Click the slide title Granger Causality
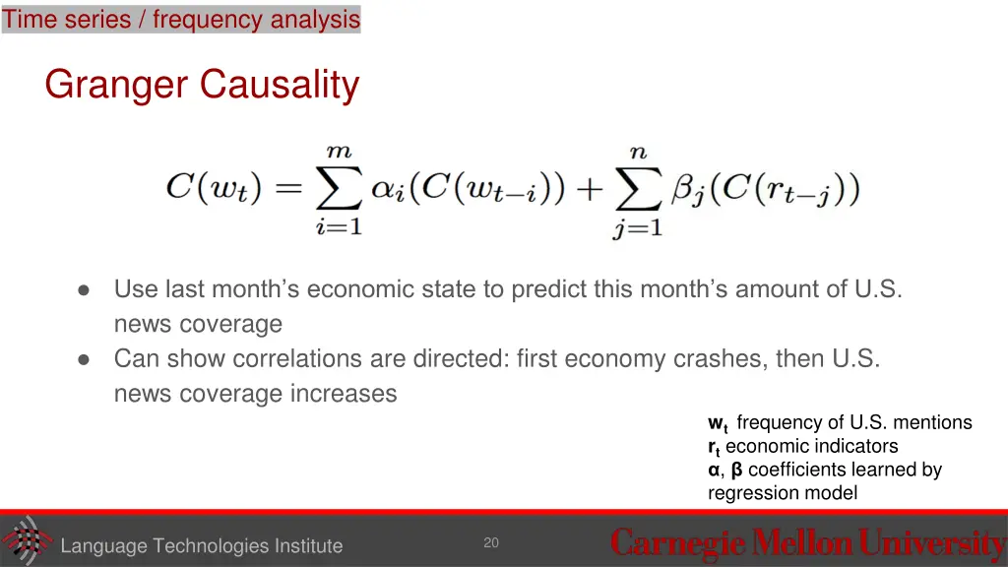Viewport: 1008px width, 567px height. point(202,85)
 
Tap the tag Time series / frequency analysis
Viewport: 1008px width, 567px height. point(181,19)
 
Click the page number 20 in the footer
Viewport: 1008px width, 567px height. point(491,542)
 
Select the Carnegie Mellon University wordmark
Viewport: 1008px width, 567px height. point(807,542)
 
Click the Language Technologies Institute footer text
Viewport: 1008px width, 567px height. point(202,546)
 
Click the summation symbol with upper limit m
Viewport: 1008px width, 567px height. point(339,189)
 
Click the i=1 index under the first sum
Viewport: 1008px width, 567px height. point(339,228)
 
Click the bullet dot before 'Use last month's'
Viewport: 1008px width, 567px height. point(85,290)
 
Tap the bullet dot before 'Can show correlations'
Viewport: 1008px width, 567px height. point(85,359)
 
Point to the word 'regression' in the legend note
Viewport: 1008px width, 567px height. point(753,493)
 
